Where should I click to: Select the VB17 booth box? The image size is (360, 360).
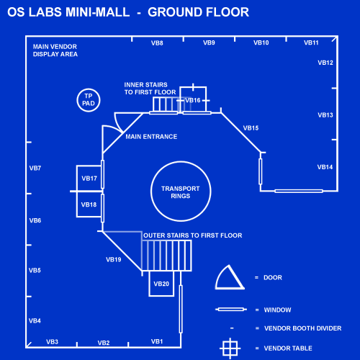[x=76, y=179]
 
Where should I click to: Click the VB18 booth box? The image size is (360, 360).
[x=76, y=204]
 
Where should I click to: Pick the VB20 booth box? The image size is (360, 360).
[x=149, y=284]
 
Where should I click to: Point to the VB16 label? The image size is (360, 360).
[x=193, y=100]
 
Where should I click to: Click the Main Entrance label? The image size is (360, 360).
[x=151, y=137]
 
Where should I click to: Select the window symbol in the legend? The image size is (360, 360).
[x=231, y=310]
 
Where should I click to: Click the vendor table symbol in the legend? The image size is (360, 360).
[x=230, y=348]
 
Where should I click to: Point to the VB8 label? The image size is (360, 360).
[x=157, y=43]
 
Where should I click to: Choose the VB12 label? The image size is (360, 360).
[x=325, y=63]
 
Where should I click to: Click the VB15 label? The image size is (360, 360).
[x=251, y=128]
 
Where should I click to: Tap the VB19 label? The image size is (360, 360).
[x=114, y=260]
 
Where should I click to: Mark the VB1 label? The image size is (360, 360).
[x=157, y=341]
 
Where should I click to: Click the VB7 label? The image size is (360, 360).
[x=35, y=168]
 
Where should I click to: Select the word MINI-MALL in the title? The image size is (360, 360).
[x=98, y=12]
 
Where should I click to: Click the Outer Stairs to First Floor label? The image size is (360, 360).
[x=193, y=235]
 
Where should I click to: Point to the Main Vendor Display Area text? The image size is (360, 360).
[x=55, y=50]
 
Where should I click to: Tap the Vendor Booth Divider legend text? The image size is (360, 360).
[x=303, y=328]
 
